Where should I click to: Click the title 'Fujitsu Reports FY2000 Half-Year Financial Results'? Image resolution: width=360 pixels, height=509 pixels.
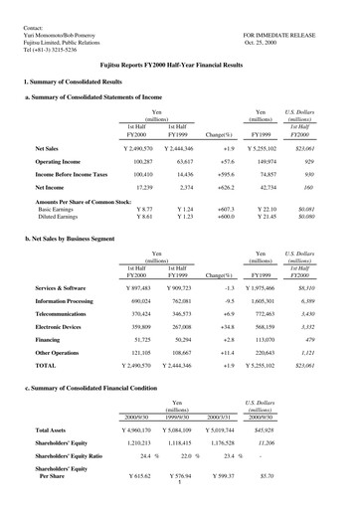179,63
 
